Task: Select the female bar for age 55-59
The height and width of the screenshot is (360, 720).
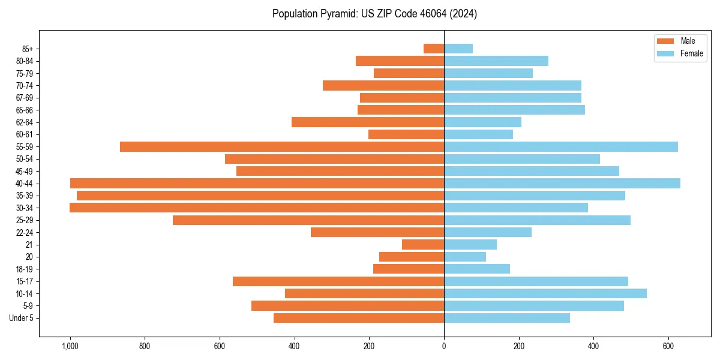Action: [x=561, y=147]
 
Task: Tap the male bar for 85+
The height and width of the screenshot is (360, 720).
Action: [x=434, y=49]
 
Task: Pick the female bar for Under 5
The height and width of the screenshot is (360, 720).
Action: [x=507, y=318]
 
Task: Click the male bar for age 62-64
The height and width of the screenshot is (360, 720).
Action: [x=368, y=122]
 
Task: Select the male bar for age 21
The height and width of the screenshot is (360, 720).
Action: [x=423, y=245]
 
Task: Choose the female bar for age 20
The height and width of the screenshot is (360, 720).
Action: [x=465, y=257]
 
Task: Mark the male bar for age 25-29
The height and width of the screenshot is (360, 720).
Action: [x=308, y=220]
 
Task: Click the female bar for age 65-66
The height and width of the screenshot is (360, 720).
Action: [x=514, y=110]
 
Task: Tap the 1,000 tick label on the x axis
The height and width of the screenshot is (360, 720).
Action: [x=70, y=346]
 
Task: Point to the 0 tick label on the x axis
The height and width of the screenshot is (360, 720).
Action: [x=444, y=346]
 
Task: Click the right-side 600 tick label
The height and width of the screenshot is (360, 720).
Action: [x=668, y=346]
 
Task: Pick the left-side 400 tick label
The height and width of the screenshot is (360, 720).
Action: [x=295, y=346]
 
